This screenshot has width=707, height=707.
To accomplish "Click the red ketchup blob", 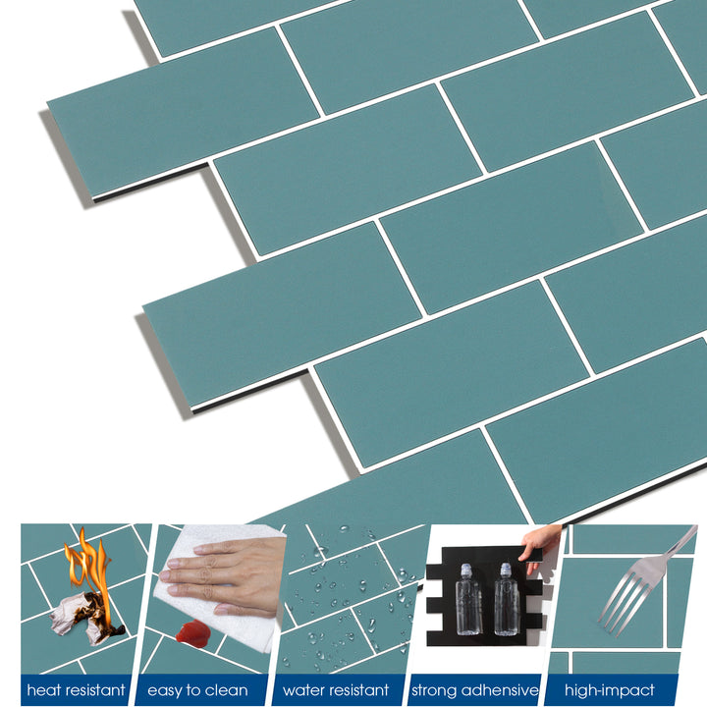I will pyautogui.click(x=193, y=632).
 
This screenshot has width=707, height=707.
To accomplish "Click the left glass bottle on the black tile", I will pyautogui.click(x=467, y=600).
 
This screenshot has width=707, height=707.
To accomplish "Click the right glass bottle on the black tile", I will pyautogui.click(x=506, y=600).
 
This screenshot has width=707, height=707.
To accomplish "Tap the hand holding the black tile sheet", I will pyautogui.click(x=541, y=543).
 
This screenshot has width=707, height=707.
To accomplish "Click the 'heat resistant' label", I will pyautogui.click(x=77, y=690).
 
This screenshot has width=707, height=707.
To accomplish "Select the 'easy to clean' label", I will pyautogui.click(x=197, y=690).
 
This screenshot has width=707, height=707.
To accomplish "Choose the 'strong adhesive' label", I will pyautogui.click(x=474, y=690).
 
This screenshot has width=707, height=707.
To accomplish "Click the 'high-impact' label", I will pyautogui.click(x=609, y=690).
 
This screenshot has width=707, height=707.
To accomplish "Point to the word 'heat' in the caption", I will pyautogui.click(x=45, y=690).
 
